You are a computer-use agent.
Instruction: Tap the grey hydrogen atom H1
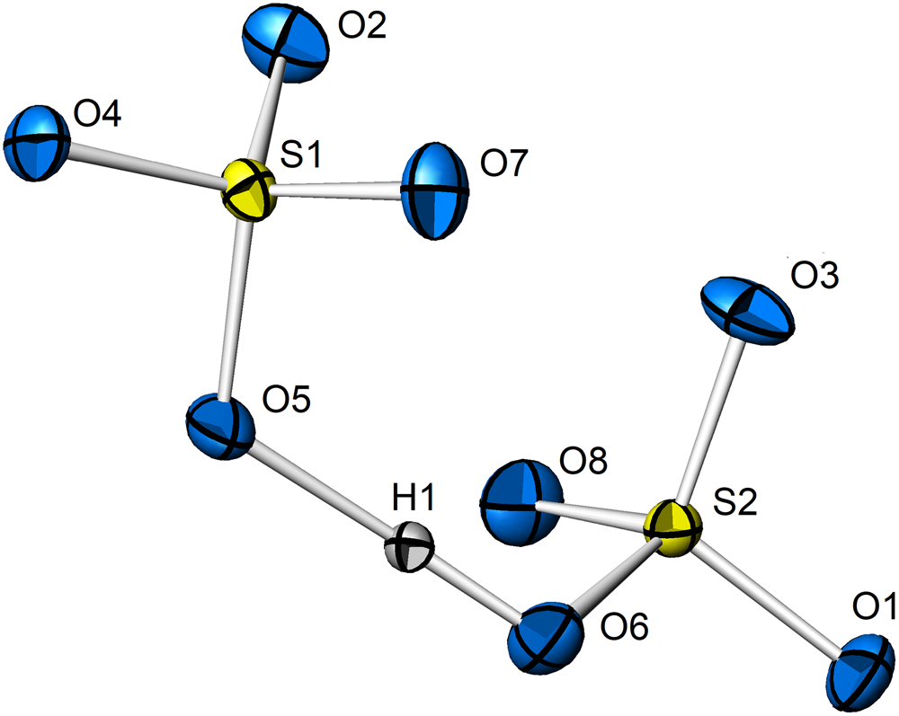(410, 547)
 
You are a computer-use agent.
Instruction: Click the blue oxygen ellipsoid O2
(283, 51)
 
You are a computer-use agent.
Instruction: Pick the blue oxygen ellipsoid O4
(37, 141)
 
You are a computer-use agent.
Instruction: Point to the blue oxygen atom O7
(436, 190)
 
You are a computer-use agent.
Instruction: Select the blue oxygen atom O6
(543, 641)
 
